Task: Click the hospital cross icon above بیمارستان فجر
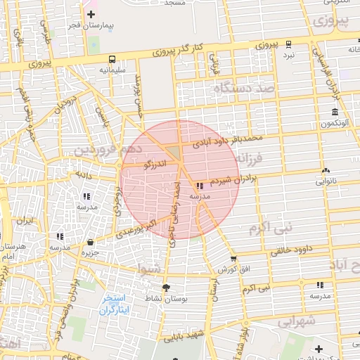coord(91,14)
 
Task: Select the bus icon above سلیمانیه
coord(112,59)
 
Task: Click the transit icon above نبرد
coord(289,44)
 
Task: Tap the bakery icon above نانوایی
coord(325,171)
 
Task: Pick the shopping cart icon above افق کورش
coord(233,259)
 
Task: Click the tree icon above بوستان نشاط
coord(166,288)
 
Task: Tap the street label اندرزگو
coord(155,165)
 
